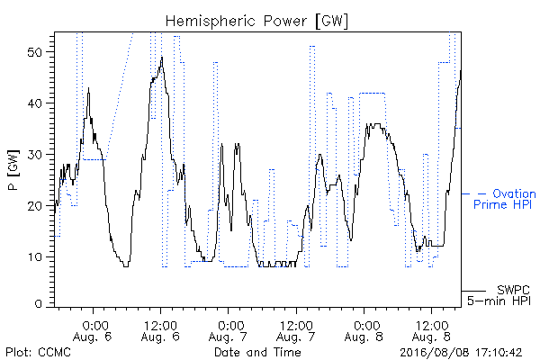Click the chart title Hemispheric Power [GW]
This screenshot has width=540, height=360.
(256, 21)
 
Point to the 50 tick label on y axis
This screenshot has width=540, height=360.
(35, 52)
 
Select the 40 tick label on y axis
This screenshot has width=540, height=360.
(35, 103)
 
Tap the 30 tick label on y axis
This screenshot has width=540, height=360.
(35, 155)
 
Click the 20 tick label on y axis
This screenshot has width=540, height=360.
(35, 206)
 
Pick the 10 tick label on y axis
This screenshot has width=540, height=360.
(35, 257)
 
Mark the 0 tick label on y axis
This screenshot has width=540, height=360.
(39, 304)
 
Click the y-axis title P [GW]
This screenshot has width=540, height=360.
(13, 169)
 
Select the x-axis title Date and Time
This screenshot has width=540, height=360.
(257, 352)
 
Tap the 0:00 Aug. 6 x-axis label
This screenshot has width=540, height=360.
(93, 330)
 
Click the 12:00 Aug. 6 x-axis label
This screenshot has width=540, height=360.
(160, 330)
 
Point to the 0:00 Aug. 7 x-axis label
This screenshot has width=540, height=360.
(229, 330)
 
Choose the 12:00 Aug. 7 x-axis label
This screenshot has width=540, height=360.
(296, 330)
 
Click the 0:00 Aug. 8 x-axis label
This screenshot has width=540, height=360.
(364, 330)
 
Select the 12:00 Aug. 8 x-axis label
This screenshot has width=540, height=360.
(431, 330)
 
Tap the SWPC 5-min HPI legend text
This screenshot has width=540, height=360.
(499, 295)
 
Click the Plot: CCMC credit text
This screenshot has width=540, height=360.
(38, 352)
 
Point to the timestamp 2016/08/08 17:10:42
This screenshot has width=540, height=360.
(461, 353)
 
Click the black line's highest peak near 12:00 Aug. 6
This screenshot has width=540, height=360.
(162, 58)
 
